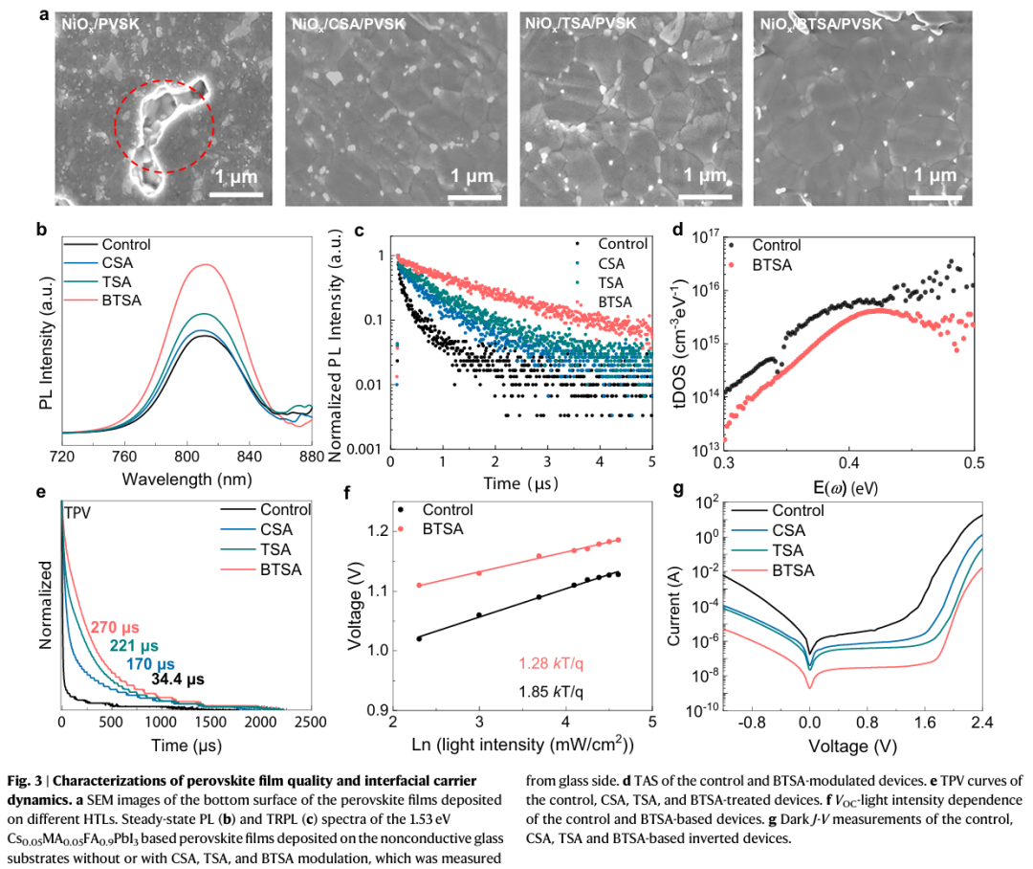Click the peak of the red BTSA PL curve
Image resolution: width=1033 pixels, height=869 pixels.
coord(202,265)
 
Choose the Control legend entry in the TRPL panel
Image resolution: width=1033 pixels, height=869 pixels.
coord(624,243)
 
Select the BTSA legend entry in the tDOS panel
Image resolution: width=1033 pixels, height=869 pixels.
coord(774,262)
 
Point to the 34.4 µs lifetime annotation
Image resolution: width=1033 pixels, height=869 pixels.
coord(178,680)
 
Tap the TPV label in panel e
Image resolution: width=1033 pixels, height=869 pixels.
coord(78,512)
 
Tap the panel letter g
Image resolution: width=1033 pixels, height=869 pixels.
coord(678,491)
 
